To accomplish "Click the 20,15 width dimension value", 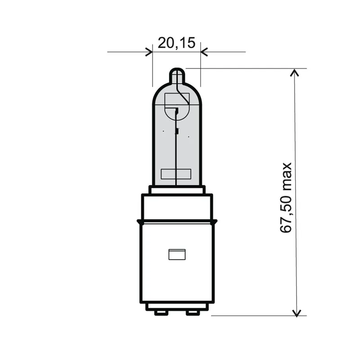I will (176, 43).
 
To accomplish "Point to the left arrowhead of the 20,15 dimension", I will (149, 52).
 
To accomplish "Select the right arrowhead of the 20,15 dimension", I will (204, 52).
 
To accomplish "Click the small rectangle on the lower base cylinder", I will (177, 254).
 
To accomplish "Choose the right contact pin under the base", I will (193, 312).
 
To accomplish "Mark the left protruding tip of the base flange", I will (138, 221).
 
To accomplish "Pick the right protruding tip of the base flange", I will (216, 221).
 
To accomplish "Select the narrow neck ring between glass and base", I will (177, 190).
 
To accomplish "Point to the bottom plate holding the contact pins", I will (177, 306).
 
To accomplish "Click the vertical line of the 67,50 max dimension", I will (296, 252).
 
